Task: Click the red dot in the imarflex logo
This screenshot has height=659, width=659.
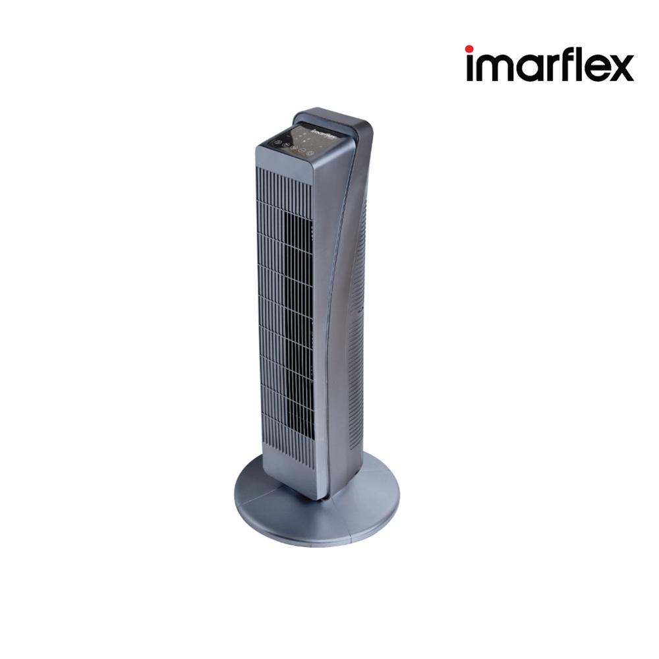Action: coord(469,49)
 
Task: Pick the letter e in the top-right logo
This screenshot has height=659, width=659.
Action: coord(594,69)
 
